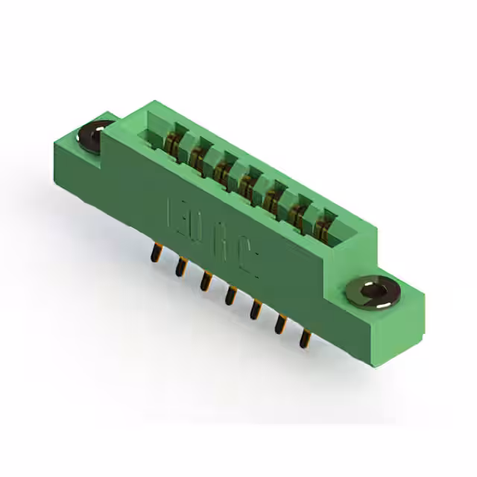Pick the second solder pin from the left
(x=180, y=266)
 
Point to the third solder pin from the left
(x=204, y=280)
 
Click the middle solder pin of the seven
(x=230, y=295)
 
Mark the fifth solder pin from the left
(x=256, y=309)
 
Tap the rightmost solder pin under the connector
(x=304, y=338)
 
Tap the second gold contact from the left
(x=198, y=157)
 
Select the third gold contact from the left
(x=222, y=171)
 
